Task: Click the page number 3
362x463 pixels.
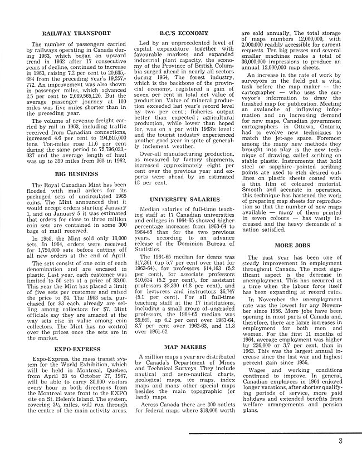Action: coord(340,442)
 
